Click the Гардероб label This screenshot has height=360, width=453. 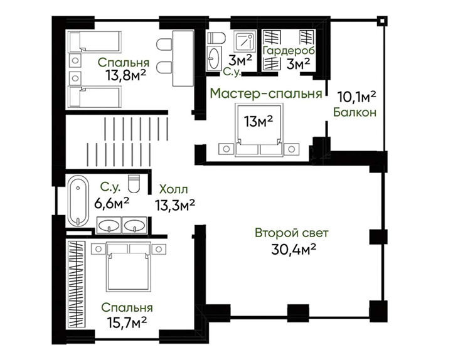(289, 50)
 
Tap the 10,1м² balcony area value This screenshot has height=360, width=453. (356, 97)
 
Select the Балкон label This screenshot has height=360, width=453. (354, 112)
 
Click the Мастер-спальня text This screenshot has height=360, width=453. (266, 93)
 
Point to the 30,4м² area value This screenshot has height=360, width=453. (293, 249)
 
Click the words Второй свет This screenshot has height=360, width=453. (292, 233)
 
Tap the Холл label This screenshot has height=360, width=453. (173, 189)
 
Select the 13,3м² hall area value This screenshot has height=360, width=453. (175, 206)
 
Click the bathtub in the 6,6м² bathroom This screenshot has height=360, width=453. (78, 202)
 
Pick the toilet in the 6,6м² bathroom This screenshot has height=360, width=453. (134, 183)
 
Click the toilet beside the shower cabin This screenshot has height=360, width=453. (216, 37)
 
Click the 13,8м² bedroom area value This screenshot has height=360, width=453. (125, 77)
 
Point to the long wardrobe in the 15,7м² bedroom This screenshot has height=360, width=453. (77, 284)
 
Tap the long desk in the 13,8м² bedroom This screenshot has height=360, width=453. (183, 58)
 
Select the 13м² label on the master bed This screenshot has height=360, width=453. (258, 121)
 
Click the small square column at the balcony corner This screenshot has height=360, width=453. (382, 21)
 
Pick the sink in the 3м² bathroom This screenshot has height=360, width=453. (214, 58)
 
